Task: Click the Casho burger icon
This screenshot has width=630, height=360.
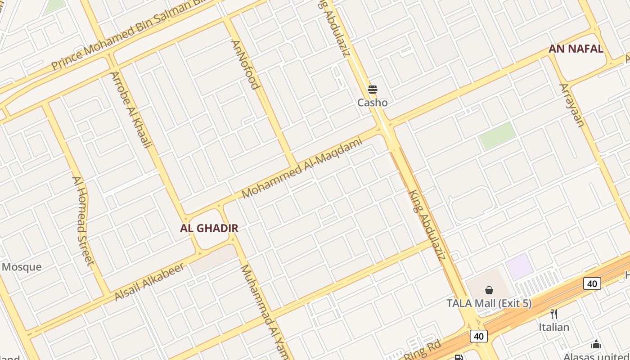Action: coord(372,90)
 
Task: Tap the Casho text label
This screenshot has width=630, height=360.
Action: coord(372,103)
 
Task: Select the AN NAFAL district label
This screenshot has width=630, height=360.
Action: coord(576,49)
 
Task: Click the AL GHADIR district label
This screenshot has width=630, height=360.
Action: coord(209,228)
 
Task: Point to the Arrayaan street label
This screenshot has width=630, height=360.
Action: coord(571,105)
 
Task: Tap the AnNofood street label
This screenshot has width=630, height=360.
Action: coord(246,65)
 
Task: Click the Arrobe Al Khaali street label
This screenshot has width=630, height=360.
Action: coord(131,109)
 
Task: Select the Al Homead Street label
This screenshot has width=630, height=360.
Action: coord(83,220)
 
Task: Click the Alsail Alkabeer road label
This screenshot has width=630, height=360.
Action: coord(149,282)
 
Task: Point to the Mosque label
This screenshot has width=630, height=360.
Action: coord(22,267)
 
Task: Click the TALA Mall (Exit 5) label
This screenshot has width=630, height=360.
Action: coord(489,303)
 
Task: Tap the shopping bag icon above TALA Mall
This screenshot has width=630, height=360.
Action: coord(489,290)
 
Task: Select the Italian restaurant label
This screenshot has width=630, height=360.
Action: coord(554,327)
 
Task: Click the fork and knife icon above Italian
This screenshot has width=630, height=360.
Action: coord(554,314)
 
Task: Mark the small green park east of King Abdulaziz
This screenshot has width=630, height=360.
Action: coord(497,135)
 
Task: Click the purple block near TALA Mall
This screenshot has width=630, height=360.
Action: coord(520,266)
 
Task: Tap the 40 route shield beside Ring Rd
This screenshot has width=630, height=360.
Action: coord(478,336)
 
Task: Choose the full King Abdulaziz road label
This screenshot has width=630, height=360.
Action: coord(427,225)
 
